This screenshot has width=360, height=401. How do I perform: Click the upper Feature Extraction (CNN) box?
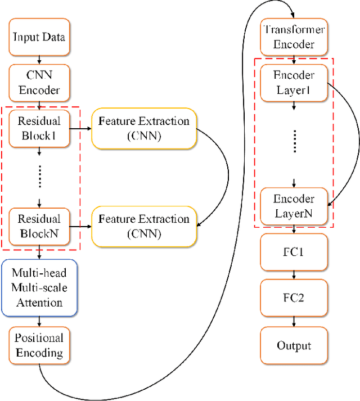[144, 128]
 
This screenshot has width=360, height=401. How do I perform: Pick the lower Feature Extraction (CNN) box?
[144, 226]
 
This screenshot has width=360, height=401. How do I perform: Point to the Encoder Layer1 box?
[293, 82]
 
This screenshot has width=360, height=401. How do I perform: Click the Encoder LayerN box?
[293, 206]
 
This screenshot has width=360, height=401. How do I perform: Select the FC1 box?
[293, 253]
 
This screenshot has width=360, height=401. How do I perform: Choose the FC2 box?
[293, 298]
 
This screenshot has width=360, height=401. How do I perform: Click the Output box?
[293, 345]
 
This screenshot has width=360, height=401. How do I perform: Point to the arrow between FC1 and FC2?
[293, 276]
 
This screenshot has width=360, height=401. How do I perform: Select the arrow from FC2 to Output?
[293, 321]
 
